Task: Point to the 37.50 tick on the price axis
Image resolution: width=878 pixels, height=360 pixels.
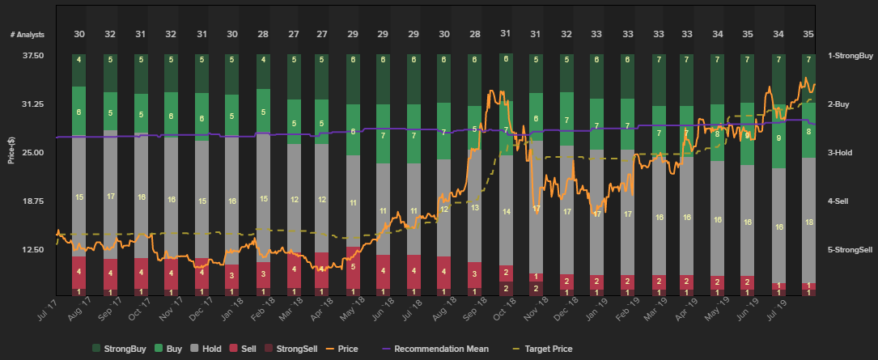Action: point(32,56)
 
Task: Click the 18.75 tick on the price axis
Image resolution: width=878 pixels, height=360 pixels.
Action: point(32,201)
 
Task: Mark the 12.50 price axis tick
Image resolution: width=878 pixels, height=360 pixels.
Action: point(32,250)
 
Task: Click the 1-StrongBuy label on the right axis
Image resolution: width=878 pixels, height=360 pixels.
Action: point(850,56)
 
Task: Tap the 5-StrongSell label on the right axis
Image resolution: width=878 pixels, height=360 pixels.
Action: point(850,250)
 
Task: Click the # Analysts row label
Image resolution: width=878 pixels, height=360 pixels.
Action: point(27,35)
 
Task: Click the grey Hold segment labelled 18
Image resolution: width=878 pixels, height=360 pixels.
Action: point(808,222)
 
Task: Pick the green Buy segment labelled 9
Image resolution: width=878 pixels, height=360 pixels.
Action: point(778,138)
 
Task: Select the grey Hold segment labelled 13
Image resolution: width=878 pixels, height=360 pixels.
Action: point(474,208)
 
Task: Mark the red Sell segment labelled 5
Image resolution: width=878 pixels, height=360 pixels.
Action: point(353,266)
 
